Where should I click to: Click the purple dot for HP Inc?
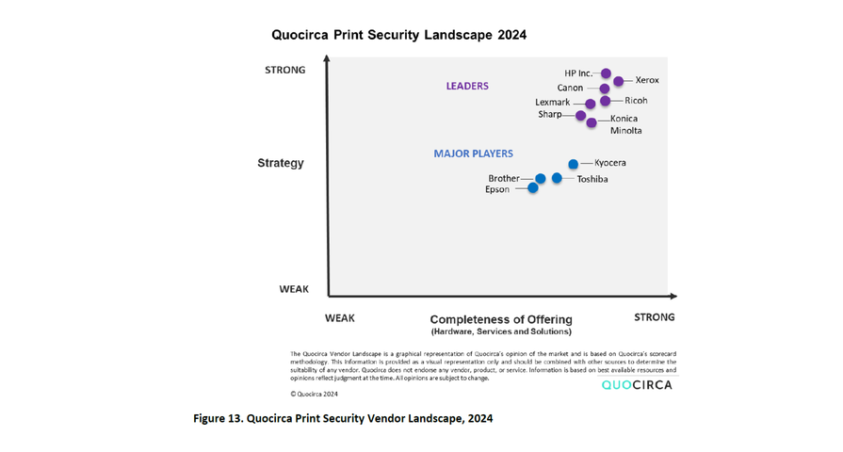click(606, 73)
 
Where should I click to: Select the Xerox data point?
click(619, 81)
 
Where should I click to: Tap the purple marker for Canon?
click(605, 89)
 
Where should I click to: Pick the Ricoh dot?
click(606, 101)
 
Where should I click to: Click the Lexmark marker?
click(591, 104)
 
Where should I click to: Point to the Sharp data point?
click(581, 115)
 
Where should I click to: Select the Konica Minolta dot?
click(592, 122)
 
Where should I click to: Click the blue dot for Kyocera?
click(574, 164)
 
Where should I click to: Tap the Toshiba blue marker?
click(557, 178)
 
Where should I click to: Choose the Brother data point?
click(541, 179)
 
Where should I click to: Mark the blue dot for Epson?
click(533, 188)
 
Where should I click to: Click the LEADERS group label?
click(467, 86)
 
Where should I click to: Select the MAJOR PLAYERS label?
click(473, 153)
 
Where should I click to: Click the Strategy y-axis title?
click(281, 163)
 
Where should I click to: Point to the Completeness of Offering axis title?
click(501, 319)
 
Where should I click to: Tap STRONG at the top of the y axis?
click(284, 70)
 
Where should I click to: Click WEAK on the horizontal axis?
click(340, 318)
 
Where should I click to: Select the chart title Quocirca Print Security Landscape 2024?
click(398, 35)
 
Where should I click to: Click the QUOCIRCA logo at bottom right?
click(637, 385)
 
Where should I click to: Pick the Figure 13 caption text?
click(343, 418)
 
